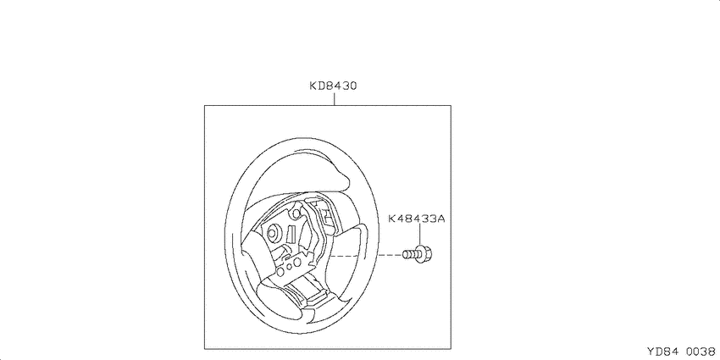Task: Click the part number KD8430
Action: [333, 86]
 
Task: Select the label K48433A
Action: [417, 219]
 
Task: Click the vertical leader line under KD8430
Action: [334, 98]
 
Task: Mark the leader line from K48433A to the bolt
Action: [419, 235]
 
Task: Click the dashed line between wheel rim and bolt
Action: [390, 254]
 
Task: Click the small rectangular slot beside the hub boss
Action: [291, 233]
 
